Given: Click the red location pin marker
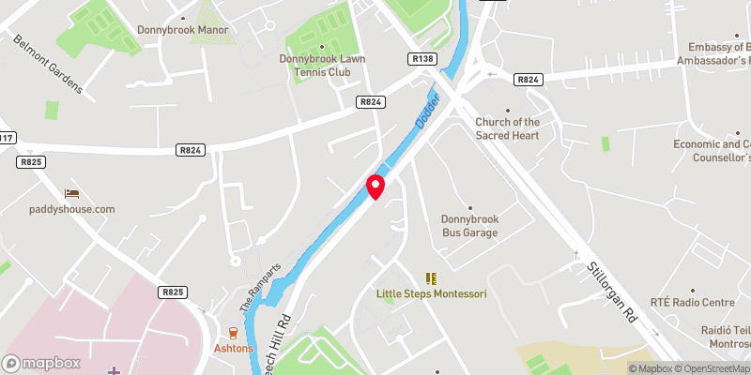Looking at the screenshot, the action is tap(375, 186).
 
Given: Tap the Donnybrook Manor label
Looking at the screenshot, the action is tap(183, 30).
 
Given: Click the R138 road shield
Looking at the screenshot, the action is tap(422, 58).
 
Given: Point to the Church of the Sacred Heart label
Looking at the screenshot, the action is tap(507, 128).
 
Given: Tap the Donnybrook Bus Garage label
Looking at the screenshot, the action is tap(469, 225).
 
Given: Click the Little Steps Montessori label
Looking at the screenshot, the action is tap(432, 293).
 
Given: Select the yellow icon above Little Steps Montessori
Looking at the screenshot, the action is tap(432, 278).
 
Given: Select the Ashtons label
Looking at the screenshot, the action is tap(234, 348).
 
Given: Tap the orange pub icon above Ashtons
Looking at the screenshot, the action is tap(234, 333).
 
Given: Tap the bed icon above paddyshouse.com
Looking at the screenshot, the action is tap(71, 193).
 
